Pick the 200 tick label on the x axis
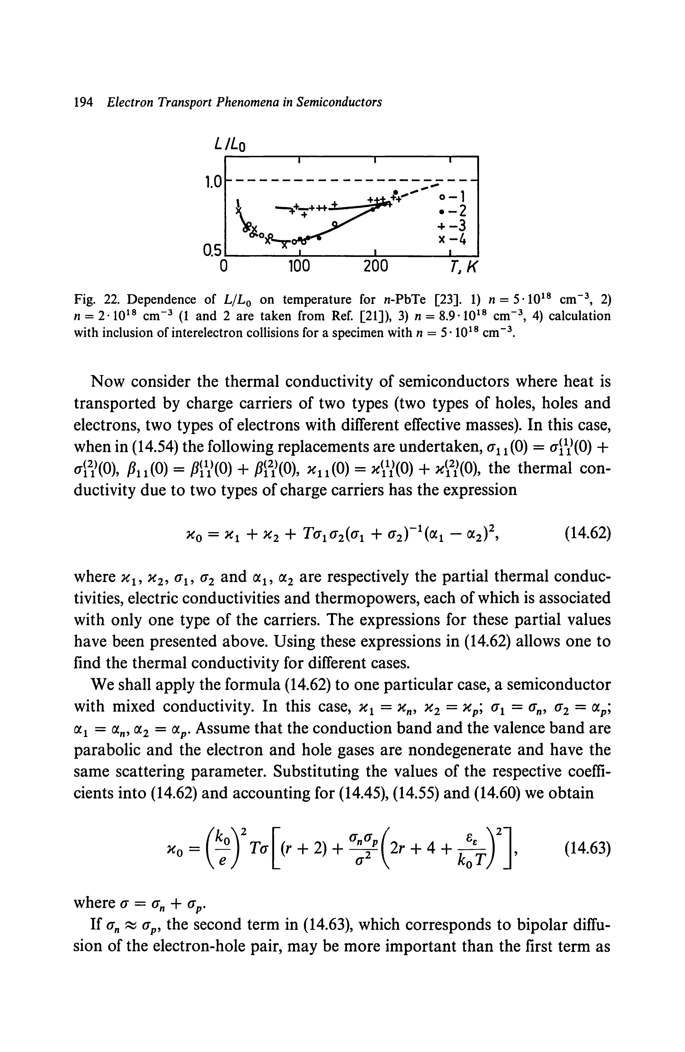[374, 267]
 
